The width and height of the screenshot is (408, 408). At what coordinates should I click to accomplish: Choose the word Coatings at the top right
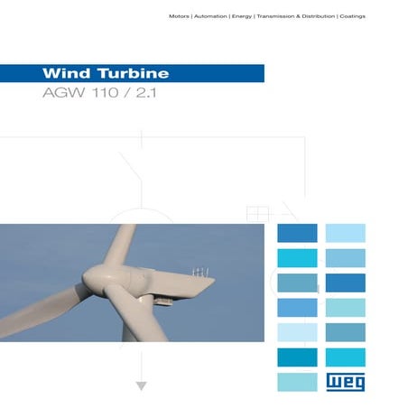pyautogui.click(x=353, y=17)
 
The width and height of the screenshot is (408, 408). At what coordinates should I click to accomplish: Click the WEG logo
pyautogui.click(x=345, y=381)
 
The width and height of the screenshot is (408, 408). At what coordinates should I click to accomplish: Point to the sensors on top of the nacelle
pyautogui.click(x=199, y=270)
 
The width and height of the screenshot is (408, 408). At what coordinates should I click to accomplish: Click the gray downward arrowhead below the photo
pyautogui.click(x=140, y=386)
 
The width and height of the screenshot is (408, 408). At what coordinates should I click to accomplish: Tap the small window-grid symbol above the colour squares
pyautogui.click(x=258, y=214)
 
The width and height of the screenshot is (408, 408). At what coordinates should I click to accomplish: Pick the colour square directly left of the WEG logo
pyautogui.click(x=296, y=381)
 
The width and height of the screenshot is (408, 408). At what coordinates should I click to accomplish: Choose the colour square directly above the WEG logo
pyautogui.click(x=345, y=357)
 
